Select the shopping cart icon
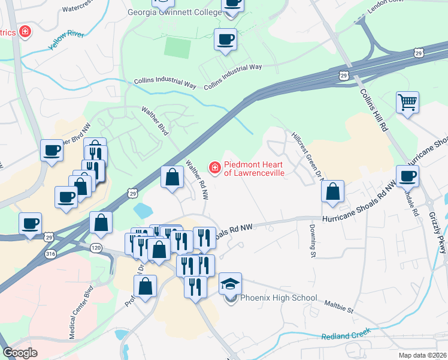coord(407,103)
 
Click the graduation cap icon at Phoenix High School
coord(230,283)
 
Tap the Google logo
coord(20,352)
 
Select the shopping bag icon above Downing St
coord(332,191)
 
